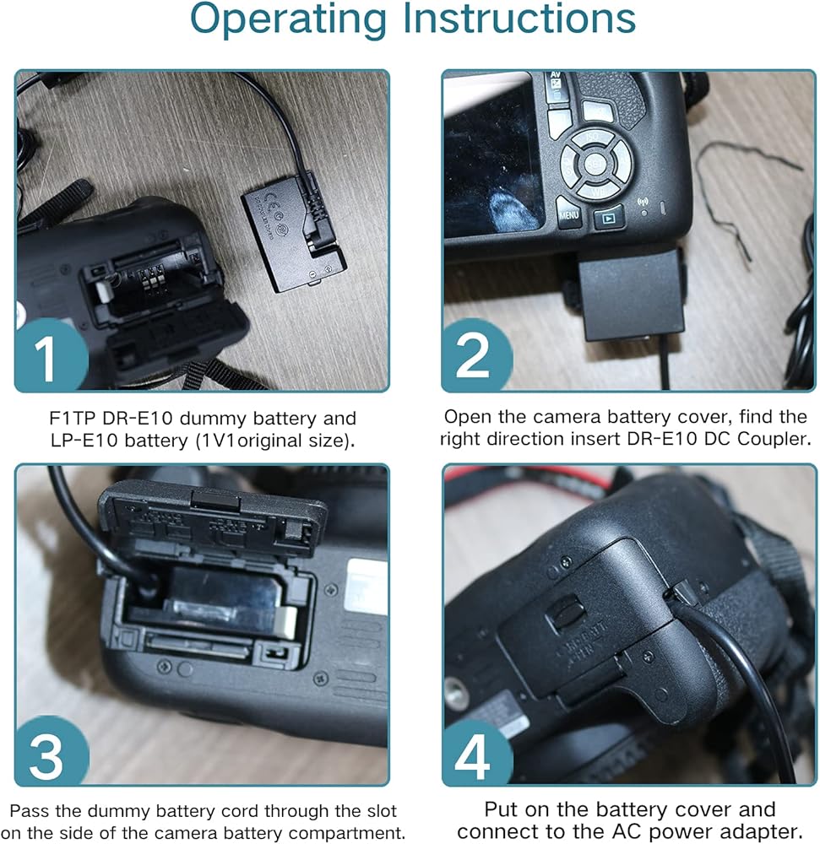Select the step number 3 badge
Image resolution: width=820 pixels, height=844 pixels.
(47, 754)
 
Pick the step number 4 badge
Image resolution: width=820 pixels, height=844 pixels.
(473, 754)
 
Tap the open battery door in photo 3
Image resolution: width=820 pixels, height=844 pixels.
(211, 515)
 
